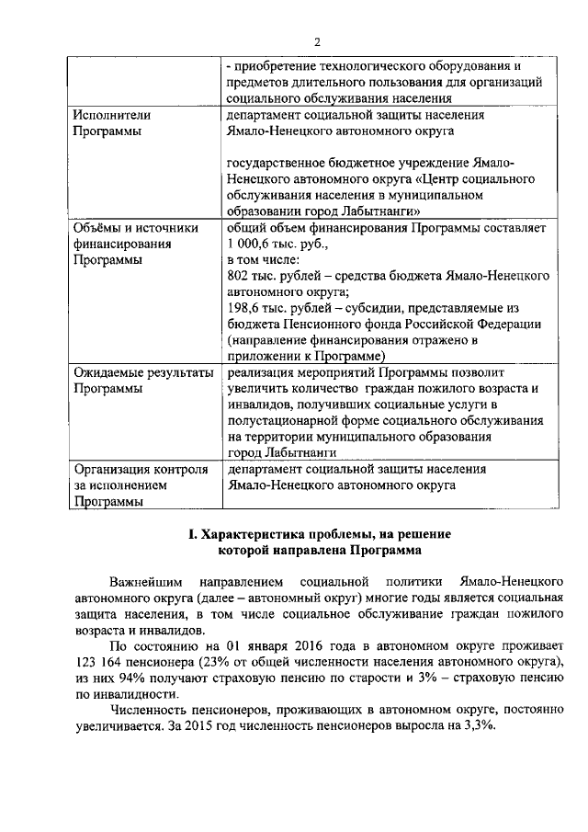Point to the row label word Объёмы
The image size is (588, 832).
point(99,227)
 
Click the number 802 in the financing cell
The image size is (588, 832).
point(239,276)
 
